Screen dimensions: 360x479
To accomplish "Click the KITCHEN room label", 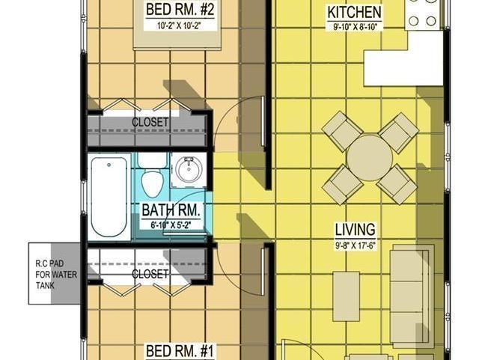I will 355,13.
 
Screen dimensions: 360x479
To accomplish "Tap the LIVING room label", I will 355,230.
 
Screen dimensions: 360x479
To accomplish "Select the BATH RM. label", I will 170,210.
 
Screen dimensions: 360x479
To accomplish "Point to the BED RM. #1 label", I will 170,350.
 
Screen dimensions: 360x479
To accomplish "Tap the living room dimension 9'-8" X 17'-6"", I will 355,244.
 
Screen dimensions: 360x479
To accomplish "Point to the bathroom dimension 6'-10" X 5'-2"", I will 170,224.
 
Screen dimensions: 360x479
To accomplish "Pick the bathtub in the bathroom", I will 109,198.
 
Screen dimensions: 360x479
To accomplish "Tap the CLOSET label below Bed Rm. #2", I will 150,122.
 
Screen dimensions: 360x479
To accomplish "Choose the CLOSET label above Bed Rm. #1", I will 150,274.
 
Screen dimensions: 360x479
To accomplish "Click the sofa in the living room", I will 412,296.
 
